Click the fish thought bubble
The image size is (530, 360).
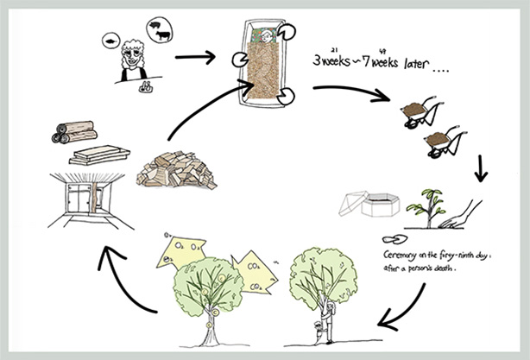110,41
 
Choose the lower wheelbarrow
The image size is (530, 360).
444,140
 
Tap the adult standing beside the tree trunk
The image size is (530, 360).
325,306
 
